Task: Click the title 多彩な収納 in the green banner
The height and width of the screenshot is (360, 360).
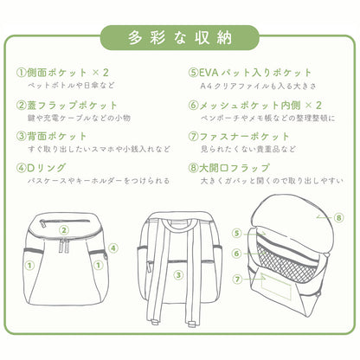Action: click(179, 38)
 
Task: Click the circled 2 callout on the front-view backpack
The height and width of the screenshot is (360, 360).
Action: click(64, 230)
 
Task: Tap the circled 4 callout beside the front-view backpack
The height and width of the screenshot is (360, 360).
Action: click(113, 248)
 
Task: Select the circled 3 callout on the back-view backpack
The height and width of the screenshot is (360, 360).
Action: click(177, 276)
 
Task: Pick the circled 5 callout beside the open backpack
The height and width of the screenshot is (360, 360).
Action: click(235, 233)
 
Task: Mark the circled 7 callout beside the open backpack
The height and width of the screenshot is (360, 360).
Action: click(235, 279)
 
